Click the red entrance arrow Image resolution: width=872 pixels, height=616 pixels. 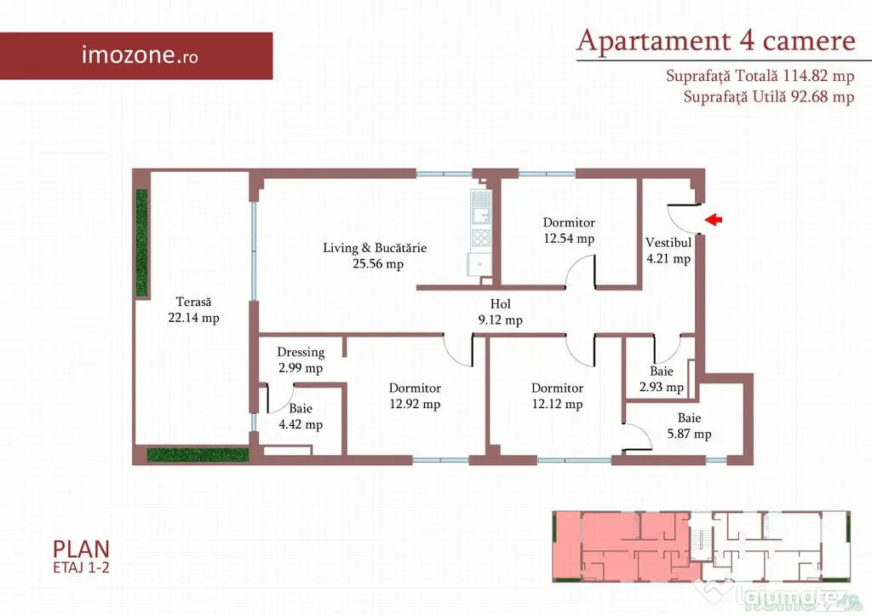tap(714, 220)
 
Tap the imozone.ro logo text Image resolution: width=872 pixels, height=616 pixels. tap(140, 55)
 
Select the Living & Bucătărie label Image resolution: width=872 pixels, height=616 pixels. tap(375, 248)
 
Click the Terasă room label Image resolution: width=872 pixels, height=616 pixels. tap(193, 302)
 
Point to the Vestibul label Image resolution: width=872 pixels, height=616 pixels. tap(668, 243)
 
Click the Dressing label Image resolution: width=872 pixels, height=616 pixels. tap(301, 352)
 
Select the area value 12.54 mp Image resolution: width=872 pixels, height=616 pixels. tap(569, 239)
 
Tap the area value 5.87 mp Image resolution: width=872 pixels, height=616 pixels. tap(690, 434)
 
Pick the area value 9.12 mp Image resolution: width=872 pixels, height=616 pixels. tap(501, 320)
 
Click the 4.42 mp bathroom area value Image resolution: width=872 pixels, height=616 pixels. tap(301, 424)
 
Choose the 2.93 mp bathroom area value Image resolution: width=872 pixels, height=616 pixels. tap(661, 388)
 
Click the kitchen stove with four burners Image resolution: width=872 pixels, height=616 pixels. tap(481, 239)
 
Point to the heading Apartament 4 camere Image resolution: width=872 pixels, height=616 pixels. tap(715, 41)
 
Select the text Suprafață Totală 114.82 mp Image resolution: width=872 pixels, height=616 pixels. tap(760, 76)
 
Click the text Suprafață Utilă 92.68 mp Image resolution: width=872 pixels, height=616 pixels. tap(769, 97)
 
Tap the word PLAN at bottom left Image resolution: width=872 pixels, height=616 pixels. tap(81, 550)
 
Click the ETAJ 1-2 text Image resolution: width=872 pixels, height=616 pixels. tap(81, 567)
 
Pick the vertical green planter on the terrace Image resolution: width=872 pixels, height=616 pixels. tap(142, 243)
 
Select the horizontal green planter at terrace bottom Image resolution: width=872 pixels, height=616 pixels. tap(198, 455)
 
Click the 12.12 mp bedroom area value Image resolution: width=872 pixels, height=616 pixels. tap(557, 404)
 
